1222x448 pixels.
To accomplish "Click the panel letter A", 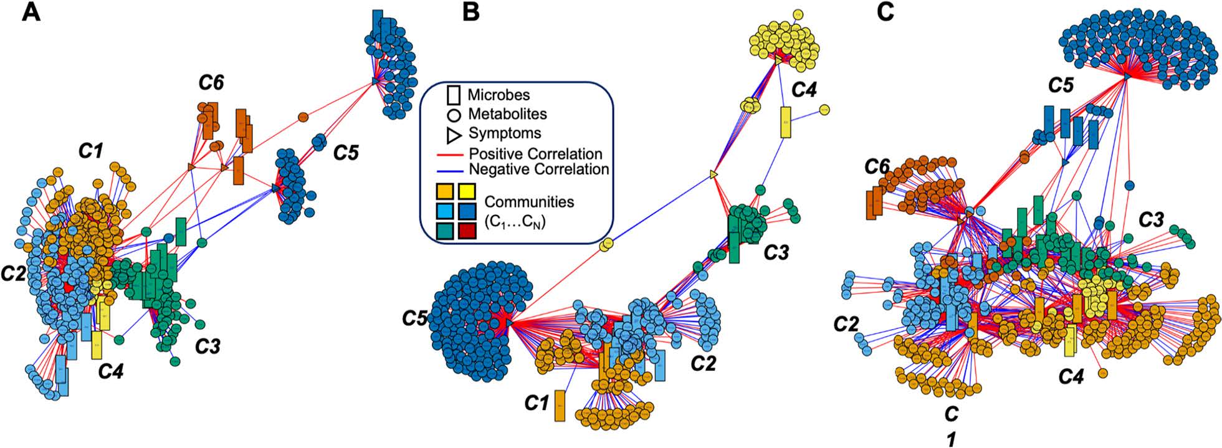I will [x=31, y=12].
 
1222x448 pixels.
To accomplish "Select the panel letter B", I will [x=471, y=12].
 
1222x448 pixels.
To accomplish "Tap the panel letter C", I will [x=885, y=12].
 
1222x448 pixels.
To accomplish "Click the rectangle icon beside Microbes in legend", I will [x=454, y=95].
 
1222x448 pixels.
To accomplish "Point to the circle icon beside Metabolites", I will [x=454, y=115].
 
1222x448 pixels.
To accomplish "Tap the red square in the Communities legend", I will [x=467, y=231].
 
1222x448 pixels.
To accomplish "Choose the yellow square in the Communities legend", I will [x=467, y=191].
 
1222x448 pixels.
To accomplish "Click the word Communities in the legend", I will [x=529, y=202].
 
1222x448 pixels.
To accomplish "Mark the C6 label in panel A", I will [x=211, y=82].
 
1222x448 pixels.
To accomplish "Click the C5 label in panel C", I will [x=1060, y=85].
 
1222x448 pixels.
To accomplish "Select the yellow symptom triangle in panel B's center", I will [x=715, y=176].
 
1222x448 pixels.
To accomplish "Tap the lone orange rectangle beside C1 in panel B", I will [x=560, y=406].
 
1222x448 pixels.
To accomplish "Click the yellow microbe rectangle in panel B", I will [x=786, y=122].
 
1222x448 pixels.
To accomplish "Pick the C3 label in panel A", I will [x=208, y=346].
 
